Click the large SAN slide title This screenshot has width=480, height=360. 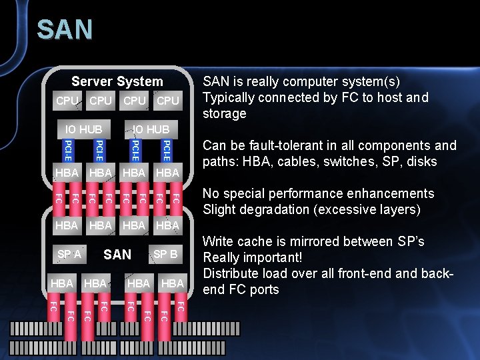tap(65, 30)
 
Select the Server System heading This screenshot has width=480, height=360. tap(117, 81)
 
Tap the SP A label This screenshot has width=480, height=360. tap(69, 254)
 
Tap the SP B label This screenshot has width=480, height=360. tap(165, 254)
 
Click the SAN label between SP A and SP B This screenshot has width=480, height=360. tap(117, 254)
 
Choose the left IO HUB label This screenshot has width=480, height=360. tap(83, 129)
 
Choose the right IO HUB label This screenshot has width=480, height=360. tap(151, 129)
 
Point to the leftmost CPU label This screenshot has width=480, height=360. tap(67, 101)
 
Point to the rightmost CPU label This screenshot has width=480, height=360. tap(167, 101)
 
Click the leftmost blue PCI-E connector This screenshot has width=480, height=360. tap(67, 150)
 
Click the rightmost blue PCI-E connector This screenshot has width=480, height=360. tap(167, 150)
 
